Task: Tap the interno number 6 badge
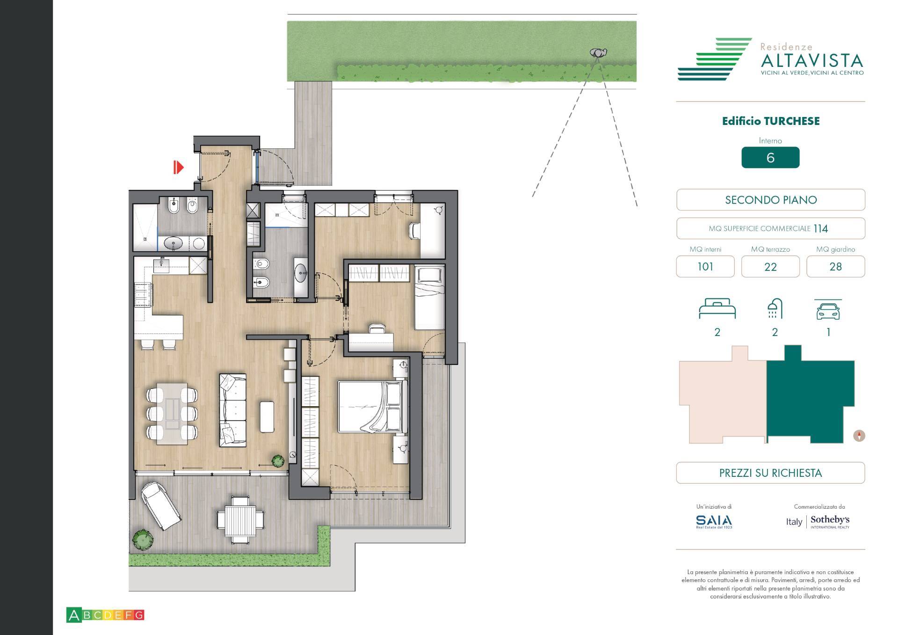[x=770, y=158]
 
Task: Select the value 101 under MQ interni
[x=705, y=267]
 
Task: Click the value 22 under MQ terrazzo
[x=770, y=267]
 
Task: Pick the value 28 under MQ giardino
[x=835, y=267]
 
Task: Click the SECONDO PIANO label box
[x=770, y=200]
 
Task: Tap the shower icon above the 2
[x=775, y=308]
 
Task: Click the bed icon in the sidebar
[x=717, y=309]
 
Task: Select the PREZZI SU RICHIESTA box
[x=770, y=473]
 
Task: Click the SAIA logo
[x=714, y=521]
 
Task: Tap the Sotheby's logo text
[x=830, y=520]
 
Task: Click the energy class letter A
[x=73, y=615]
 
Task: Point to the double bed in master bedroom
[x=372, y=407]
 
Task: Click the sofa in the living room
[x=232, y=410]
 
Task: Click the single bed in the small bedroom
[x=429, y=298]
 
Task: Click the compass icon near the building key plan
[x=859, y=436]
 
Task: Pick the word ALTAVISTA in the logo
[x=811, y=61]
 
